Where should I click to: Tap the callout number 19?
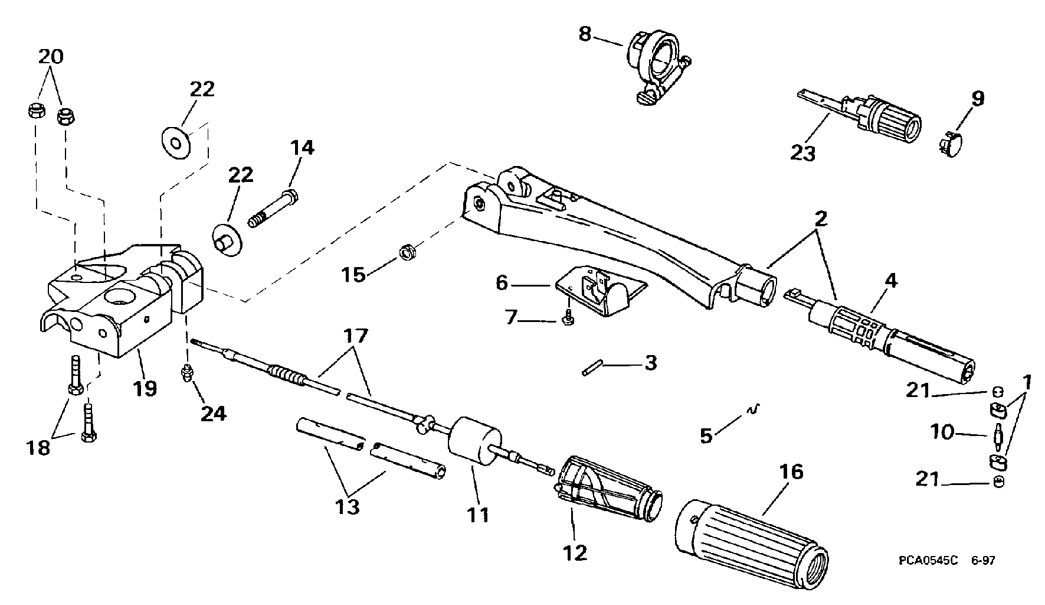coord(145,389)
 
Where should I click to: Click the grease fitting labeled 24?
coord(187,374)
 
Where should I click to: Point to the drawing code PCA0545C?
coord(929,560)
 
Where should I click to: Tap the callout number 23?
coord(803,152)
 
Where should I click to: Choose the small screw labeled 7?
coord(568,316)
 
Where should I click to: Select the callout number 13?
coord(349,506)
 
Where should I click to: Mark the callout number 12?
coord(575,552)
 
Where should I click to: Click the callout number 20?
coord(51,57)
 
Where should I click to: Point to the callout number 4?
coord(892,281)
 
